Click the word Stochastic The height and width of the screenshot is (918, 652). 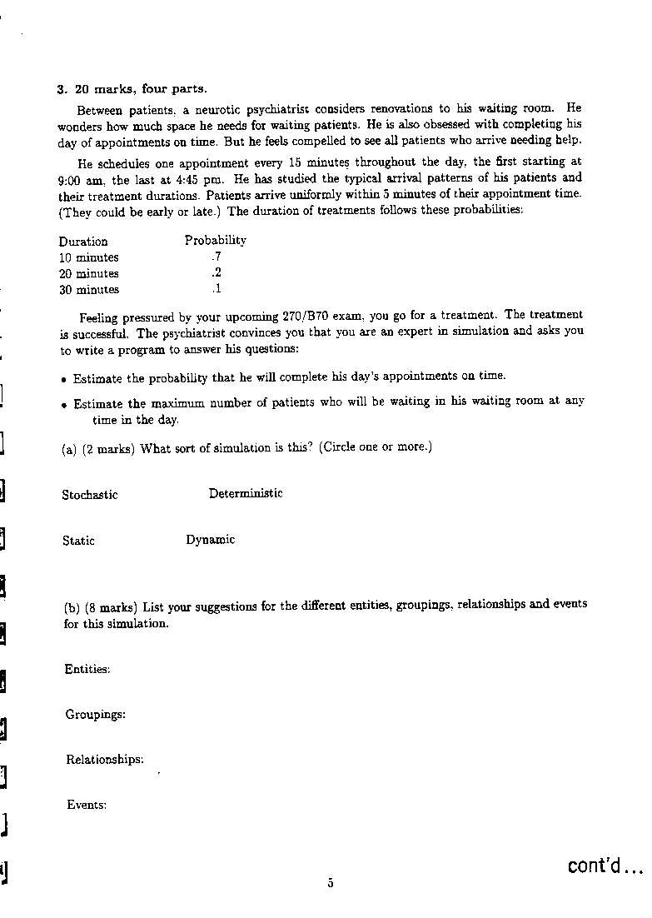(x=89, y=495)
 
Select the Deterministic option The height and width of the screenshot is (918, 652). (x=246, y=493)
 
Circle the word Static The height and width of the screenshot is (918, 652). (x=78, y=541)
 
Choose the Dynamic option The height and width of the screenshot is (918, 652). (x=210, y=540)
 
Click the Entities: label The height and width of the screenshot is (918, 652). (x=87, y=669)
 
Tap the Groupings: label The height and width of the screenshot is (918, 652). (x=95, y=714)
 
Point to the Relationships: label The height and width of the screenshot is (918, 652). (x=104, y=759)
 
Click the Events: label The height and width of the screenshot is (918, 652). (x=87, y=805)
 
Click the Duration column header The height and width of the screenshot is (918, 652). (x=83, y=242)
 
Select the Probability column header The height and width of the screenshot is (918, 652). (x=215, y=240)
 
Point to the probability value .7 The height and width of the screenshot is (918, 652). (x=217, y=257)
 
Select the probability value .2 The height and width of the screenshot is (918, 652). (x=217, y=273)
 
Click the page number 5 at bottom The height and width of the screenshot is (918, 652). (x=331, y=884)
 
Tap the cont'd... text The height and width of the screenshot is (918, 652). (x=605, y=866)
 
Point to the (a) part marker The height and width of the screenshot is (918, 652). (x=69, y=448)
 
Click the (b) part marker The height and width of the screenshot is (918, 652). (x=71, y=606)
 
